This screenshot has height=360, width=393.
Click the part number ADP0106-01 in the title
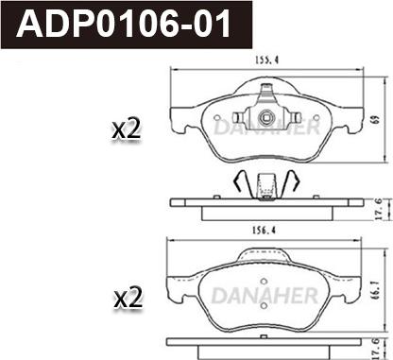point(124,24)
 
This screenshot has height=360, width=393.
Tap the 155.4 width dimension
point(266,60)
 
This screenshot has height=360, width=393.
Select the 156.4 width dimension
point(264,231)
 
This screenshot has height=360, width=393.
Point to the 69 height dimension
point(375,120)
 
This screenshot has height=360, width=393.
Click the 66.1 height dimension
point(375,290)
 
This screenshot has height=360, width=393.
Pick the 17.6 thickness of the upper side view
point(379,209)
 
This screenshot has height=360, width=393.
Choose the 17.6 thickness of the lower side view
point(378,349)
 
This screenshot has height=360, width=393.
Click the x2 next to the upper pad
point(127,129)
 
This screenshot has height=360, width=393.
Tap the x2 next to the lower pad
point(128,299)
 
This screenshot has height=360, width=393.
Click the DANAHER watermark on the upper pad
point(268,127)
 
